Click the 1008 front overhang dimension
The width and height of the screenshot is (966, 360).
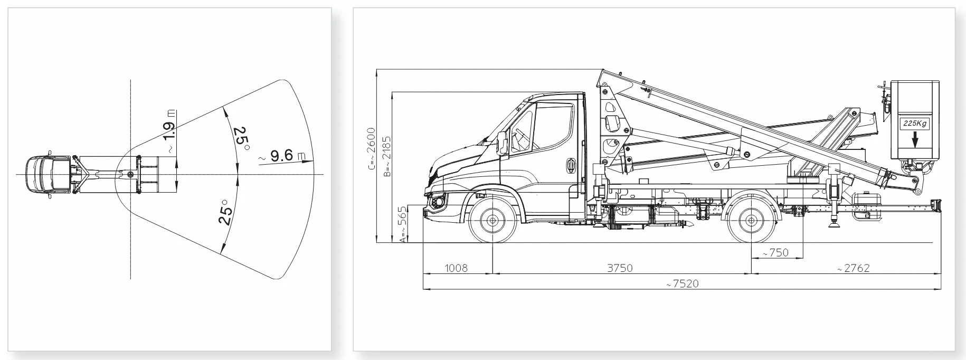pos(456,268)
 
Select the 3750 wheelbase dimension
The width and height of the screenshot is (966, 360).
pos(619,268)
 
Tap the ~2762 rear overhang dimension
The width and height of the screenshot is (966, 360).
pos(853,268)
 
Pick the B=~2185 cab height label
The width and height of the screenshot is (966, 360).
pos(387,157)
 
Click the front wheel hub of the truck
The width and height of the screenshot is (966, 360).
pos(493,221)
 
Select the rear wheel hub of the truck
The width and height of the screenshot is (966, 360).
pos(752,221)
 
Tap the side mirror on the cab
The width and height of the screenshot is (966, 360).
pos(502,143)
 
